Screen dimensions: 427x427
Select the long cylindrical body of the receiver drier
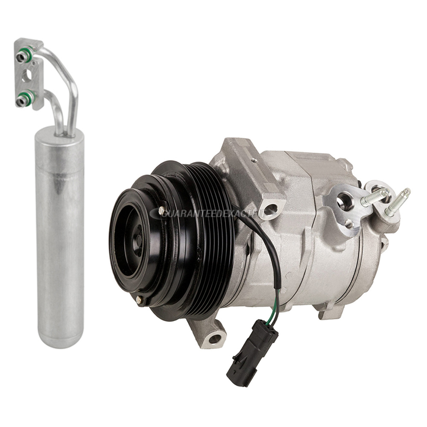coord(59,239)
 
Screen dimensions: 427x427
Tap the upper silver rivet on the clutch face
coord(161,211)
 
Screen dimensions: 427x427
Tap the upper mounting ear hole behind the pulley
coord(270,210)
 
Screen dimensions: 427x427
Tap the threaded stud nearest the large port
coord(374,197)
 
